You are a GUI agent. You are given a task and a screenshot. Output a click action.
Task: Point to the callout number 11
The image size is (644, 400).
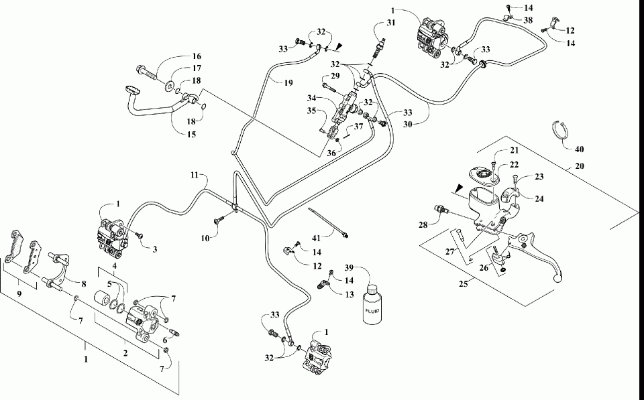click(x=194, y=176)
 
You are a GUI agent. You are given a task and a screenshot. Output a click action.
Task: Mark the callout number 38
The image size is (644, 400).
click(x=529, y=21)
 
